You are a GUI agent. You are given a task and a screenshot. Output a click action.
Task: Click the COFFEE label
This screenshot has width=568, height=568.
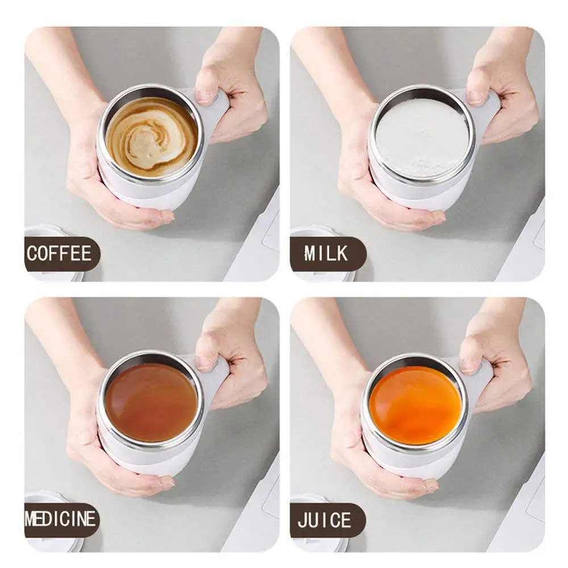59,253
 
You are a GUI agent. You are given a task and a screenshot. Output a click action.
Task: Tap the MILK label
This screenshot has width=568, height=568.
326,253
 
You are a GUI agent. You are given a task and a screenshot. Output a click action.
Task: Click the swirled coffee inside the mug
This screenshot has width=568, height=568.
151,136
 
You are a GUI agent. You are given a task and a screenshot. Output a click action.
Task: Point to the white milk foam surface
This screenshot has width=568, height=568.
422,136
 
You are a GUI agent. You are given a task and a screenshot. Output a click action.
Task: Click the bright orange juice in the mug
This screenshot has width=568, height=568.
415,404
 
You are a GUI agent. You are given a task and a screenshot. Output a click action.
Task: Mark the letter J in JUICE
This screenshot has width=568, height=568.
304,520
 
